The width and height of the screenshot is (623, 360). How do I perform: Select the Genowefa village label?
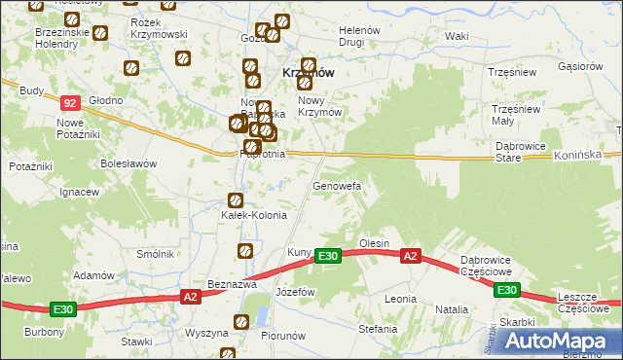(x=337, y=185)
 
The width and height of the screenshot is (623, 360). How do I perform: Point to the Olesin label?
(x=374, y=243)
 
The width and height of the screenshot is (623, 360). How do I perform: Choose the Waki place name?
(x=456, y=36)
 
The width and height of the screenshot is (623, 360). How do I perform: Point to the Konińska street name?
(x=581, y=156)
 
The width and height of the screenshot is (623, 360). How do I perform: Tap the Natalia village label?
(x=451, y=309)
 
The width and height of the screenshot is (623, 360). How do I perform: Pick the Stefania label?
(x=379, y=329)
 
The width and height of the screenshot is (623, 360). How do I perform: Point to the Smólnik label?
(x=155, y=254)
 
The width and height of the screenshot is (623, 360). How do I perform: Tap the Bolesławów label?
(x=128, y=163)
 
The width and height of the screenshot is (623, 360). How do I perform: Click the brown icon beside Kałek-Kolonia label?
(x=235, y=200)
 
